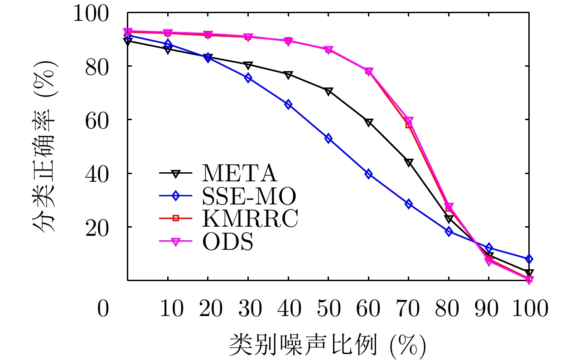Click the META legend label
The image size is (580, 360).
point(239,173)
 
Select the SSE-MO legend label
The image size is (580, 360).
point(249,196)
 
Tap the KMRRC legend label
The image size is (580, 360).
point(251,219)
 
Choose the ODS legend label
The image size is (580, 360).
point(227,242)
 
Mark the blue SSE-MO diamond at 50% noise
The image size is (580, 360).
point(329,138)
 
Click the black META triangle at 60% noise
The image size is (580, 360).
point(368,122)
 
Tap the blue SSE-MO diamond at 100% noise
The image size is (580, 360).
point(529,259)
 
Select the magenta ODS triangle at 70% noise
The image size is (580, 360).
point(409,121)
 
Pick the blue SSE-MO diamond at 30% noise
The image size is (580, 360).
point(248,78)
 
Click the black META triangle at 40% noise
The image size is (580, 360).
point(288,75)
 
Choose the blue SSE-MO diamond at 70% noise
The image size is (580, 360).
point(409,204)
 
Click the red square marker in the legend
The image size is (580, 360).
point(176,219)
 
